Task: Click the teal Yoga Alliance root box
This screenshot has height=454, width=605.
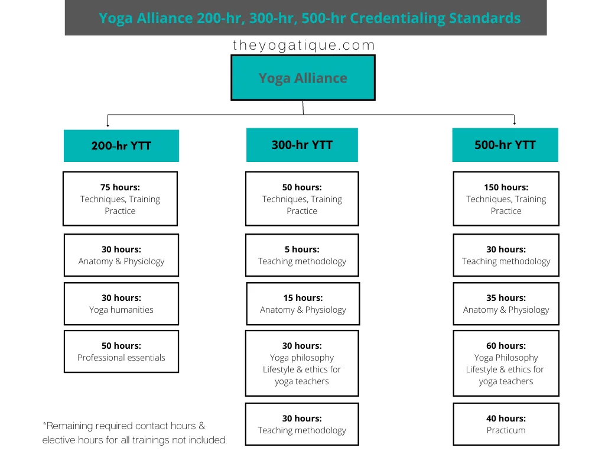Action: click(x=303, y=77)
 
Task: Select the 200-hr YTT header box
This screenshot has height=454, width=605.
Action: click(x=121, y=145)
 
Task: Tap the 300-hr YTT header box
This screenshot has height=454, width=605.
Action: click(x=302, y=145)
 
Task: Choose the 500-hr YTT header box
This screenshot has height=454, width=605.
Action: click(x=505, y=145)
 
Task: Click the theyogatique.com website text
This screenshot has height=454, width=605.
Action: click(x=304, y=45)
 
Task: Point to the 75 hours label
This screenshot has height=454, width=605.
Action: click(x=120, y=187)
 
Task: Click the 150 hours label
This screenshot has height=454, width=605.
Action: click(x=506, y=187)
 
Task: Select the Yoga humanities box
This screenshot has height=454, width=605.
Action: click(x=121, y=303)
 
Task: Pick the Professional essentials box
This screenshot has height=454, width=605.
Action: click(x=121, y=351)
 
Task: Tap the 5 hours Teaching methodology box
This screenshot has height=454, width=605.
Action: click(x=302, y=255)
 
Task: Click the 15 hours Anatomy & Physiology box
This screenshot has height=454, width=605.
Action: click(x=303, y=303)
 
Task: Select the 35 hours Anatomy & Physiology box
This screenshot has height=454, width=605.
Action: click(x=506, y=303)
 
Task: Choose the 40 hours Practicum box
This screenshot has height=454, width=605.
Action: click(x=506, y=424)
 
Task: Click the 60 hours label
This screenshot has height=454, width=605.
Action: click(x=506, y=345)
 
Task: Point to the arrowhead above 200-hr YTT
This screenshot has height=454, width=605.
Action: click(x=108, y=125)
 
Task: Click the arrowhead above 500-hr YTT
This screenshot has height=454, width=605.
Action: click(x=515, y=123)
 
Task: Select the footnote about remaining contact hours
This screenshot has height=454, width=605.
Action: click(x=134, y=433)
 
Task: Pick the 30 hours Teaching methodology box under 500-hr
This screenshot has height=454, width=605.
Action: click(x=506, y=255)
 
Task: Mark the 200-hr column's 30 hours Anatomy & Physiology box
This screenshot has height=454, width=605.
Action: click(x=121, y=255)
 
